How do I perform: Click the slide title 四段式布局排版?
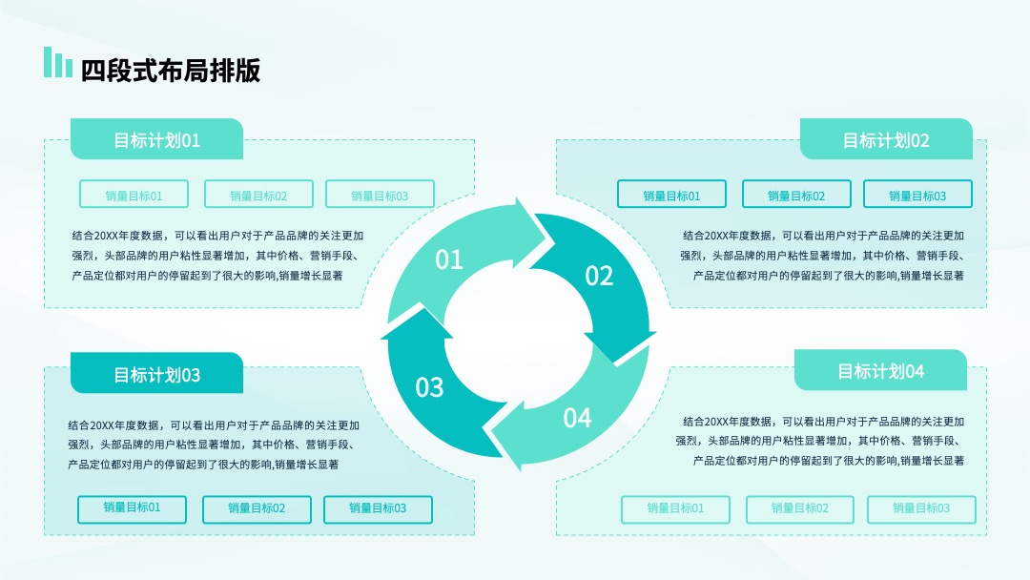click(171, 71)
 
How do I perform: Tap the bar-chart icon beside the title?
click(58, 62)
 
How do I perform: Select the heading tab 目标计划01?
click(156, 139)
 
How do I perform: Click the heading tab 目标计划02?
click(886, 139)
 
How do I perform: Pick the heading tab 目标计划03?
click(156, 373)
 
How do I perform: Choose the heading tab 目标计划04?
click(880, 370)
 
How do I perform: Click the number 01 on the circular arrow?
click(449, 260)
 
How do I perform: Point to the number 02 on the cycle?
click(599, 276)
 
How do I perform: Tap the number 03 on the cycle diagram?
click(429, 387)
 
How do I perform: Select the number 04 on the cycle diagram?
click(577, 418)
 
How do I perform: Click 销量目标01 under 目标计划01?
click(134, 195)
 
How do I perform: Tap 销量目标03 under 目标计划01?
click(380, 195)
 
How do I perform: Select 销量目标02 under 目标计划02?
click(796, 195)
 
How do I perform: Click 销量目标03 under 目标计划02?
click(917, 195)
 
